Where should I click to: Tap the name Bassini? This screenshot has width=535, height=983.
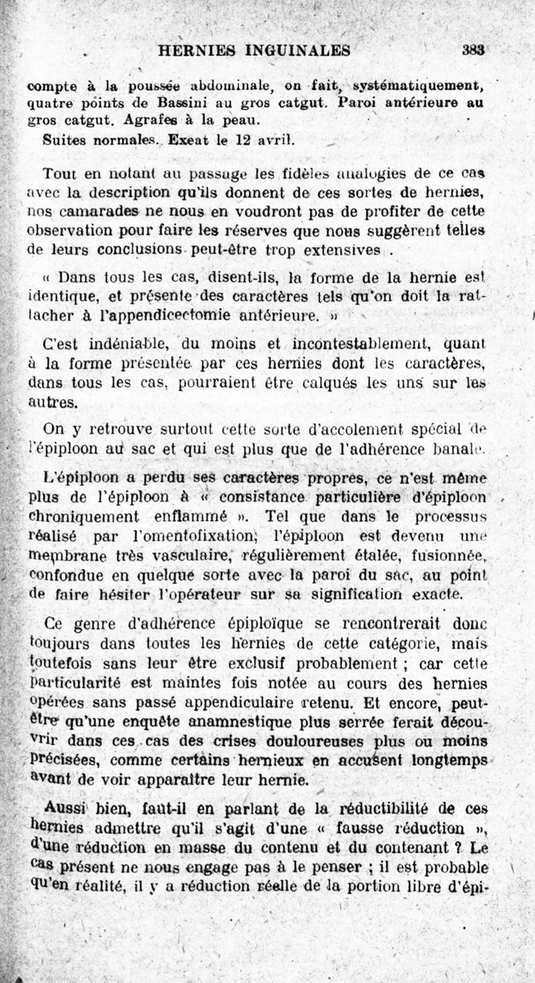tap(183, 104)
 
